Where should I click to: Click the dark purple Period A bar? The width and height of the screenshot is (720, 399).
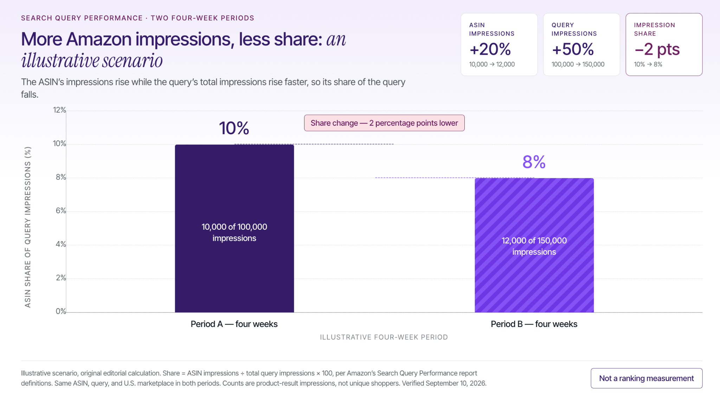point(234,228)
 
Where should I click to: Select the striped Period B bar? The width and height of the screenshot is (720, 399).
point(534,245)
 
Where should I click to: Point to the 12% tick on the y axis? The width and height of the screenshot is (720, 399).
point(59,110)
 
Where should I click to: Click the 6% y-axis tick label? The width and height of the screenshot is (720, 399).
point(61,210)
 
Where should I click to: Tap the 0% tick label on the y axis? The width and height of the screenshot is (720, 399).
point(61,311)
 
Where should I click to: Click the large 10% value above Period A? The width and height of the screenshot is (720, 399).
point(234,128)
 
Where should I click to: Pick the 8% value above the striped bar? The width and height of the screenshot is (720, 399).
point(534,162)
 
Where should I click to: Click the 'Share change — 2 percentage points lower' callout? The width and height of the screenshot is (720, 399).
point(384,123)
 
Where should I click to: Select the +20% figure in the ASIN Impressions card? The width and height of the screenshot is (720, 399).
point(490,49)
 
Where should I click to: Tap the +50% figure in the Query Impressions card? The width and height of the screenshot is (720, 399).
point(573,49)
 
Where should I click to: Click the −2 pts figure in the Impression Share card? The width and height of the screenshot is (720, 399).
point(657,50)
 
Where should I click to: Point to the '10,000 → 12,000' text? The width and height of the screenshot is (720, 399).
point(492,64)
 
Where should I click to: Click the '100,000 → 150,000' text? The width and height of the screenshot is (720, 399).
point(578,64)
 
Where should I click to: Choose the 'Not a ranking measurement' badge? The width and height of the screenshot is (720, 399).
point(647,378)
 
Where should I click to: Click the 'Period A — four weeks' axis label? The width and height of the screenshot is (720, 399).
point(234,324)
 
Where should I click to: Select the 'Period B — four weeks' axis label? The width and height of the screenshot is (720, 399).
point(534,324)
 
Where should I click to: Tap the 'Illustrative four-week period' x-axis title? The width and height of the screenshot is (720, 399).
point(384,337)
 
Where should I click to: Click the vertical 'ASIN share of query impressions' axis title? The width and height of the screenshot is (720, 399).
point(27,227)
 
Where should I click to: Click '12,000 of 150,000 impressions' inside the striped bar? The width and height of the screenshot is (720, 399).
point(534,246)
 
